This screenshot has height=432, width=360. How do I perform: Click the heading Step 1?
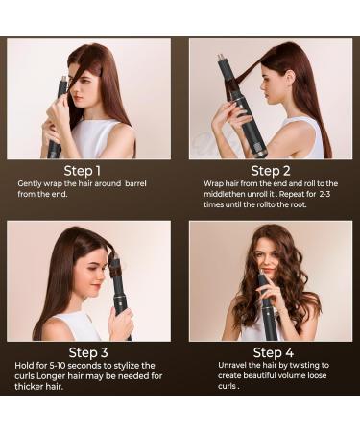(x=83, y=171)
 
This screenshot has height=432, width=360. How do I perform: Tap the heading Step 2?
(x=271, y=171)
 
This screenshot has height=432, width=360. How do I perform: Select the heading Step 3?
(x=88, y=352)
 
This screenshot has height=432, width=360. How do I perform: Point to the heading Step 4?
(x=274, y=352)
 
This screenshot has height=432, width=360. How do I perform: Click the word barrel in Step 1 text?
(x=135, y=183)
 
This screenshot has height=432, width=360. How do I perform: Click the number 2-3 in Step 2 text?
(x=324, y=194)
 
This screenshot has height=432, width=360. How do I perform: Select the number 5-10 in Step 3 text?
(x=58, y=366)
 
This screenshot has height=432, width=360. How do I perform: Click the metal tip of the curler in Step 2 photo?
(x=220, y=58)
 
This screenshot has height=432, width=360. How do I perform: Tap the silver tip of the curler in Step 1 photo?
(x=63, y=80)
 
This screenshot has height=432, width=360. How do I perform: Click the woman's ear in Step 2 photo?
(x=290, y=78)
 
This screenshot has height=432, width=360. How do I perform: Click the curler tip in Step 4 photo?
(x=262, y=273)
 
